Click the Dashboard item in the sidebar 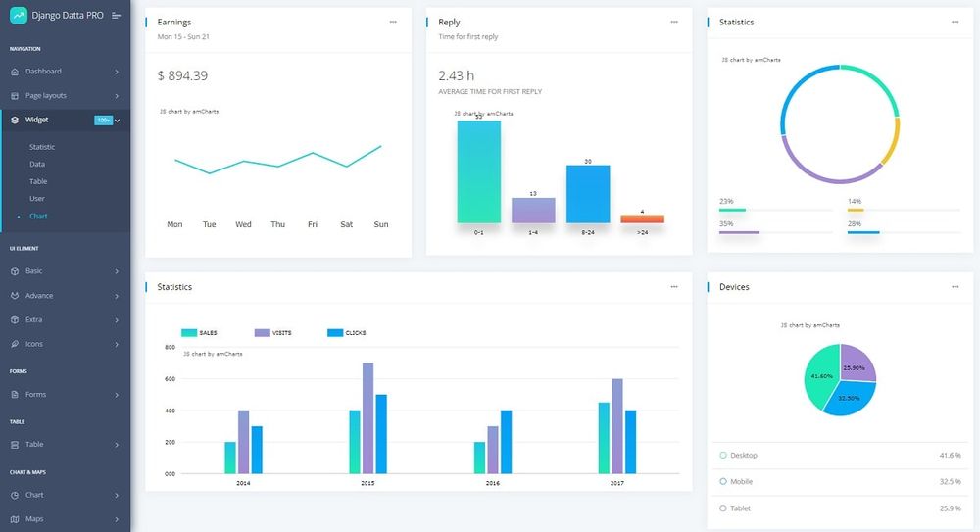point(43,72)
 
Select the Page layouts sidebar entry point(45,96)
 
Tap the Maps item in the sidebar point(34,519)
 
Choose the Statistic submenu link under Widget point(42,147)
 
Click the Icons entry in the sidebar point(34,344)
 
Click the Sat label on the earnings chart point(346,224)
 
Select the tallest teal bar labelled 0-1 point(478,171)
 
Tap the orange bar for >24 point(642,218)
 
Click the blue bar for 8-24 point(588,194)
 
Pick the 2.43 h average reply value point(457,75)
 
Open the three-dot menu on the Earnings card point(393,22)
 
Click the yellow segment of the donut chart point(891,143)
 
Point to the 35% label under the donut point(726,223)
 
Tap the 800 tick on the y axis point(170,348)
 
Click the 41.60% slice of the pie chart point(821,377)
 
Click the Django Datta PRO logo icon point(19,15)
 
